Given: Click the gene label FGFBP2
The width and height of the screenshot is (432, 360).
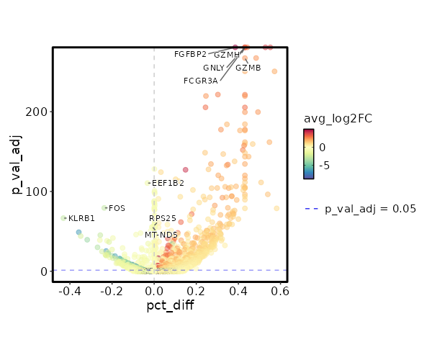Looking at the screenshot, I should tap(190, 54).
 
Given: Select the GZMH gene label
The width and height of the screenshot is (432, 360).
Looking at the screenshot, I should tap(227, 55).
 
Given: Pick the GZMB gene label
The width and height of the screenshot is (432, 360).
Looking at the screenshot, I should tap(248, 68).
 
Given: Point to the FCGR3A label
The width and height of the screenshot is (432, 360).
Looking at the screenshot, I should tap(200, 81).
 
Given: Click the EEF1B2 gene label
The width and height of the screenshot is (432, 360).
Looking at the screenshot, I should tap(168, 183).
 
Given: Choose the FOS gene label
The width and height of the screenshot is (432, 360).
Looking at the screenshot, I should tap(117, 208).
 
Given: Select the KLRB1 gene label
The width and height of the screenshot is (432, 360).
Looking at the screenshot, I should tap(81, 218).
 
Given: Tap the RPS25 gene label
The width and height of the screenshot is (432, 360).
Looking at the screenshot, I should tap(163, 218).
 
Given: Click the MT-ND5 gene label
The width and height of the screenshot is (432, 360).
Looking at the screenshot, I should tap(161, 235).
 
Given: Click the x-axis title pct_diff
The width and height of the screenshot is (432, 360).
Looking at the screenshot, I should tap(170, 306).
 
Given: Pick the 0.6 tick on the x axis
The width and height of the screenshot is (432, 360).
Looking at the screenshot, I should tap(280, 290).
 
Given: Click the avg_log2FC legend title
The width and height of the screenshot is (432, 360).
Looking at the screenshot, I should tap(338, 118).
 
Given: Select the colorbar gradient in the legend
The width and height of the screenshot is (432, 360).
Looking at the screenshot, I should tap(308, 153).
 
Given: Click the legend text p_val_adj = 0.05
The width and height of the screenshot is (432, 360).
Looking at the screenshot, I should tap(371, 209).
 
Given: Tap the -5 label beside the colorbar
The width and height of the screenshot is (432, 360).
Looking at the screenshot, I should tap(325, 164).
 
